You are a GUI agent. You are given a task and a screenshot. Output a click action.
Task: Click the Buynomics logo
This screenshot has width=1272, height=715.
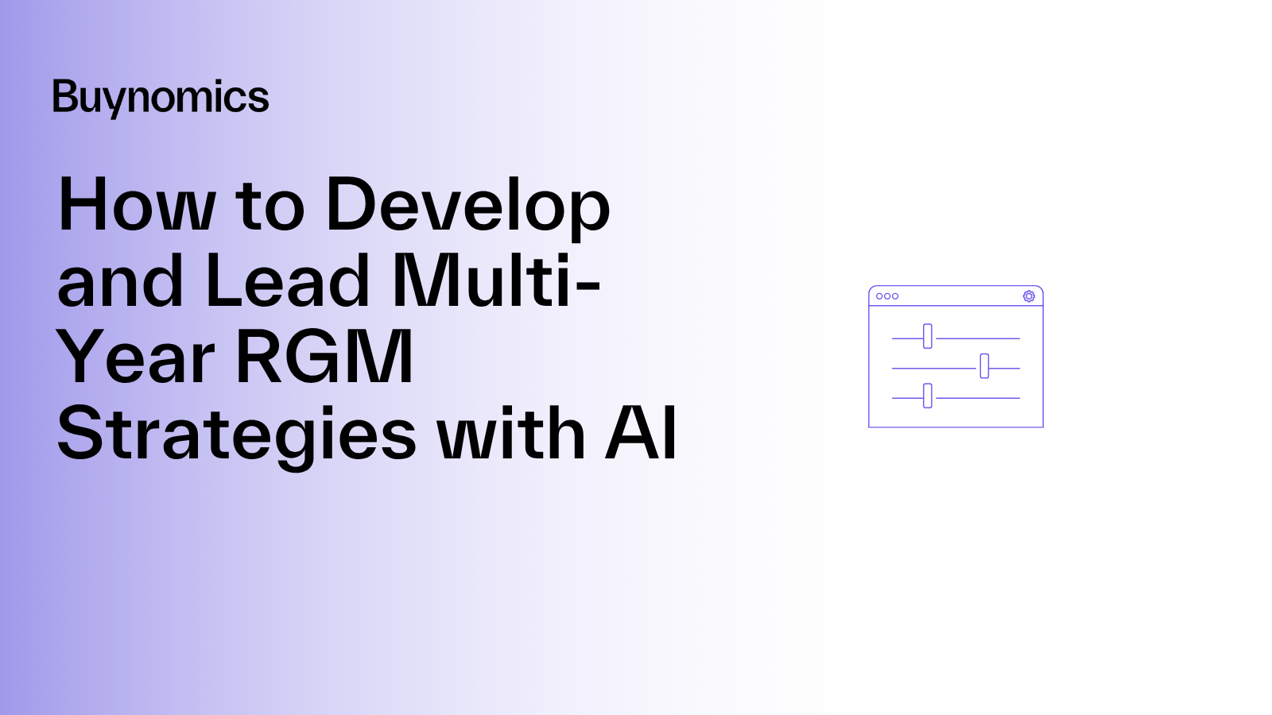(x=161, y=99)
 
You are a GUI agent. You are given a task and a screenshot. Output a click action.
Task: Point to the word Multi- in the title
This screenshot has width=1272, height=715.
(x=496, y=280)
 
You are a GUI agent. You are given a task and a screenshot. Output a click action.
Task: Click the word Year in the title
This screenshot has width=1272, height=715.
(x=135, y=357)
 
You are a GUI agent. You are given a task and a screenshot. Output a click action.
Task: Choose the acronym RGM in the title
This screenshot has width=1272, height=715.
(x=324, y=357)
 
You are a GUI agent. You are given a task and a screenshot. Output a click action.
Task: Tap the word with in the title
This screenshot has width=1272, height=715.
(x=511, y=433)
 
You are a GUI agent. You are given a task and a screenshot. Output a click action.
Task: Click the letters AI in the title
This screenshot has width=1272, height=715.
(x=641, y=433)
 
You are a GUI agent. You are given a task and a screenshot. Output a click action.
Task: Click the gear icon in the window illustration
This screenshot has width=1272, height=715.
(x=1029, y=296)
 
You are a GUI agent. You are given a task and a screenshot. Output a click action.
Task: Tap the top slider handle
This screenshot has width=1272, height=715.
(x=927, y=336)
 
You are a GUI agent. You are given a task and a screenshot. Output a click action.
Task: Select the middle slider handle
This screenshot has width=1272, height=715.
(x=984, y=366)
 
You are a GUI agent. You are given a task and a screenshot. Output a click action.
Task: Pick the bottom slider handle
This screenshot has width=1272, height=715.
(x=927, y=396)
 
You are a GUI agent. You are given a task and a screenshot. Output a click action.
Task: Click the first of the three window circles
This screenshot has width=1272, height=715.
(x=879, y=296)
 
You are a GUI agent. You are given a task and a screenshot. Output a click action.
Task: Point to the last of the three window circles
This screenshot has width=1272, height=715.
(x=895, y=296)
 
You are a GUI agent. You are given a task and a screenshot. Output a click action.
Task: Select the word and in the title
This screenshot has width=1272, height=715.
(x=120, y=280)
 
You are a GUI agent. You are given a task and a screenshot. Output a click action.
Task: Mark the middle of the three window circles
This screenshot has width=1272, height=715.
(x=887, y=296)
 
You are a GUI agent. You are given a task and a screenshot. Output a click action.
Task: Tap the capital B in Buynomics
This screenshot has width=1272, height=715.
(x=64, y=95)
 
